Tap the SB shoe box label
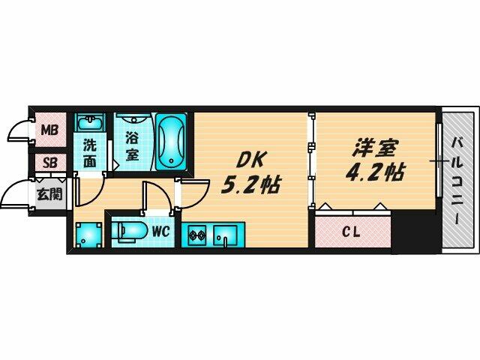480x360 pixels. pyautogui.click(x=49, y=163)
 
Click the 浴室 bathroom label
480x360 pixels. pyautogui.click(x=132, y=147)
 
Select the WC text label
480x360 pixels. pyautogui.click(x=160, y=231)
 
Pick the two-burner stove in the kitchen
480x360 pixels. pyautogui.click(x=196, y=238)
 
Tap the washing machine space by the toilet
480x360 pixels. pyautogui.click(x=88, y=235)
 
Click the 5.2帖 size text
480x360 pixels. pyautogui.click(x=249, y=186)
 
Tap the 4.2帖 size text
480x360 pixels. pyautogui.click(x=375, y=172)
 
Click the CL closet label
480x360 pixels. pyautogui.click(x=351, y=232)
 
